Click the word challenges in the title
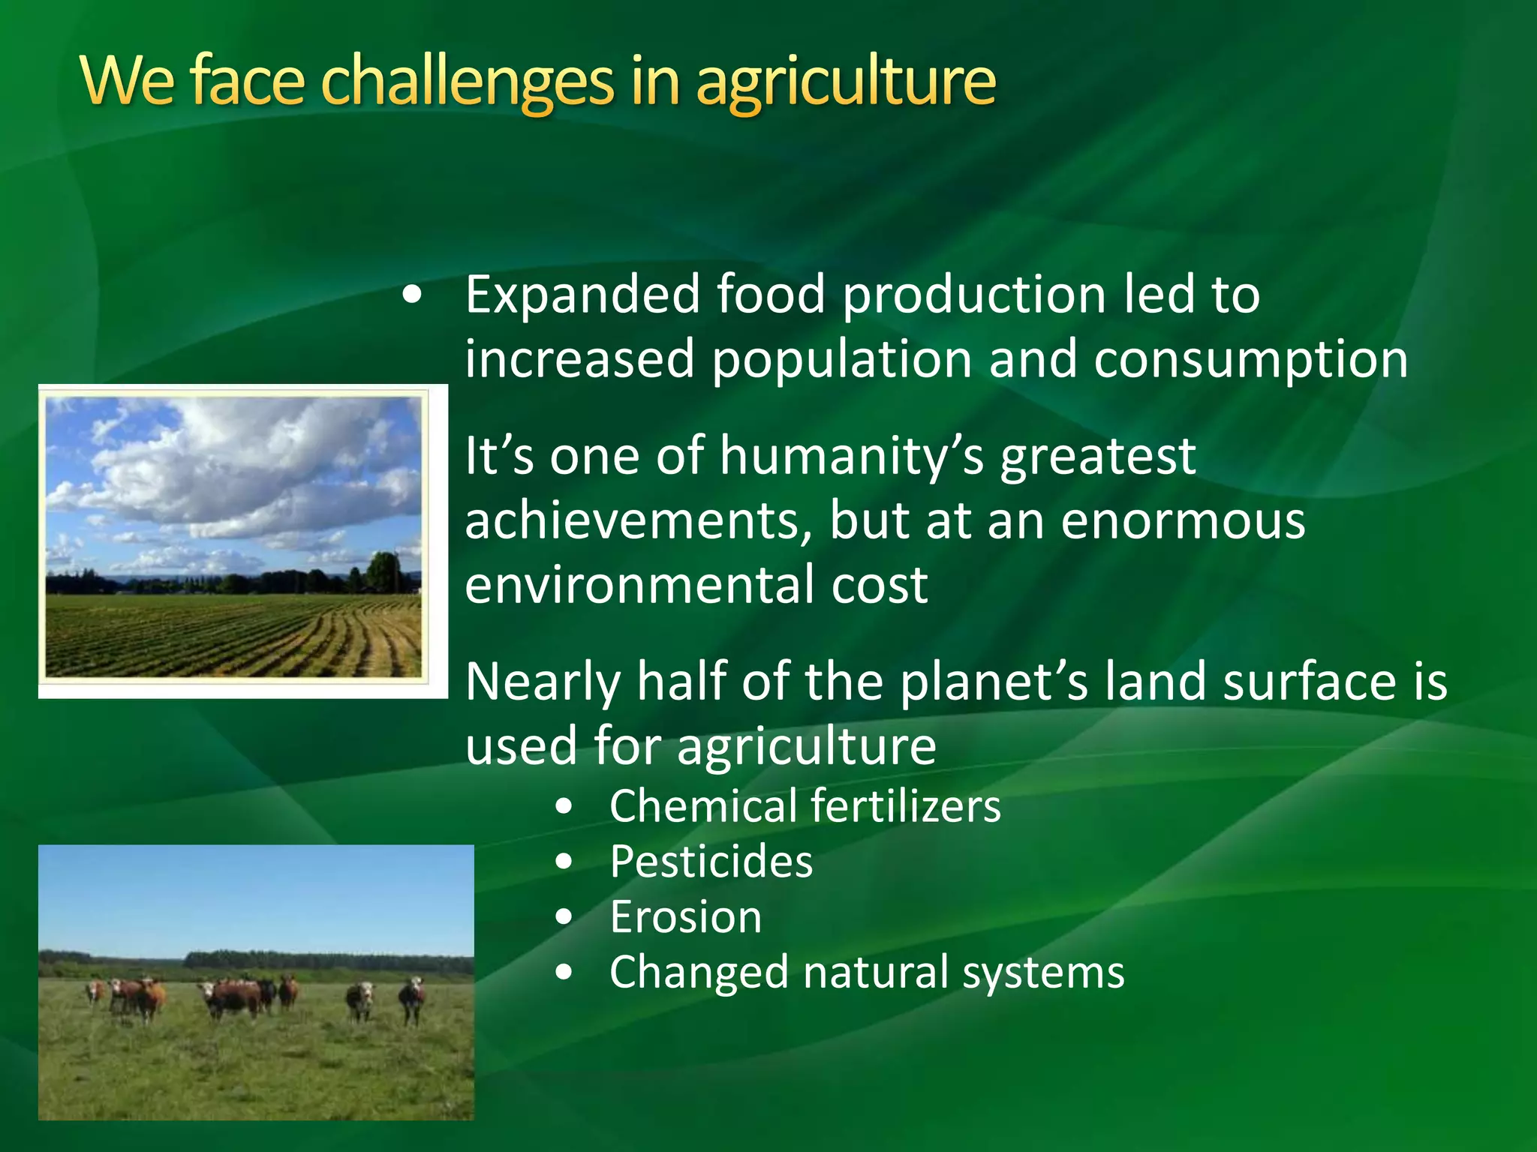pyautogui.click(x=466, y=82)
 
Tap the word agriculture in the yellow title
pyautogui.click(x=846, y=82)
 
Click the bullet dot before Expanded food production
pyautogui.click(x=411, y=295)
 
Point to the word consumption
pyautogui.click(x=1250, y=361)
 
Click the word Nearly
pyautogui.click(x=542, y=682)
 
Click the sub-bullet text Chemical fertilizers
pyautogui.click(x=805, y=807)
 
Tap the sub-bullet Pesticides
pyautogui.click(x=711, y=862)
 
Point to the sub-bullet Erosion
pyautogui.click(x=685, y=918)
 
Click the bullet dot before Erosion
pyautogui.click(x=564, y=918)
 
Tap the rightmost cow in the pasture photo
pyautogui.click(x=412, y=1001)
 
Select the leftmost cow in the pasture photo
pyautogui.click(x=95, y=991)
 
